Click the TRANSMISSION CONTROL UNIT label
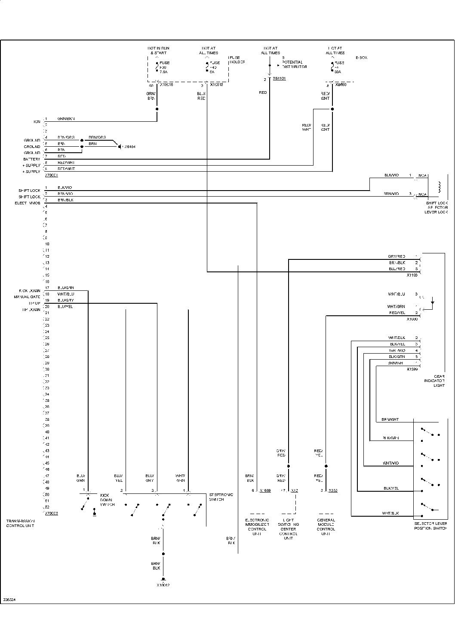[x=20, y=523]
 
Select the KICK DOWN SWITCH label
[x=107, y=499]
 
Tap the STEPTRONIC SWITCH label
[x=221, y=497]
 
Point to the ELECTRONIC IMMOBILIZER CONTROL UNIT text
[x=257, y=527]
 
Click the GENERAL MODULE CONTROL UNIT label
[x=326, y=527]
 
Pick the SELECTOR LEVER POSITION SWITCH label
[x=430, y=526]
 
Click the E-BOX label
[x=361, y=58]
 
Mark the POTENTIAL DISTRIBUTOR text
[x=294, y=65]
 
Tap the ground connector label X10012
[x=163, y=585]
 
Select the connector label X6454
[x=129, y=147]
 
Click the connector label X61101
[x=279, y=79]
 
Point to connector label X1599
[x=412, y=369]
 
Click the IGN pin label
[x=37, y=122]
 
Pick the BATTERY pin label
[x=32, y=159]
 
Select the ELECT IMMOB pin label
[x=28, y=203]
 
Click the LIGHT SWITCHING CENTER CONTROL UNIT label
[x=288, y=529]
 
